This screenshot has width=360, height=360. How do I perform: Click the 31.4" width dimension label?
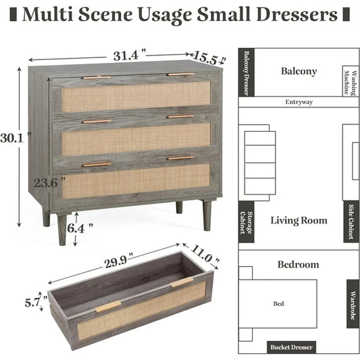pyautogui.click(x=130, y=55)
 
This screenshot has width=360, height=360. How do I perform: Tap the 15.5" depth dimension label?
pyautogui.click(x=209, y=58)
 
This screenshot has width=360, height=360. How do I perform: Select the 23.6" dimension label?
pyautogui.click(x=49, y=183)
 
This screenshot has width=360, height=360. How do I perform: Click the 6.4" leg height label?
pyautogui.click(x=80, y=228)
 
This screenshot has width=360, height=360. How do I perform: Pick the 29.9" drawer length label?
pyautogui.click(x=119, y=261)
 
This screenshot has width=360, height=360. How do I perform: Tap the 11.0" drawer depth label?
pyautogui.click(x=204, y=255)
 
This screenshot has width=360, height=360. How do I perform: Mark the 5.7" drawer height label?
pyautogui.click(x=36, y=303)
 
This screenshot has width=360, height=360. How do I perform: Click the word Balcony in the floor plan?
pyautogui.click(x=299, y=71)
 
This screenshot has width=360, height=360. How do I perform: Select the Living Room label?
pyautogui.click(x=299, y=220)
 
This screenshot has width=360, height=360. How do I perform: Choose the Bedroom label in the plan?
pyautogui.click(x=299, y=265)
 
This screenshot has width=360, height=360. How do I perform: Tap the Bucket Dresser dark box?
pyautogui.click(x=291, y=347)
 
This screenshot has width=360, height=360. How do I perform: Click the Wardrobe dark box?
pyautogui.click(x=353, y=304)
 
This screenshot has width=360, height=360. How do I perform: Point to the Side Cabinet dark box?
pyautogui.click(x=351, y=222)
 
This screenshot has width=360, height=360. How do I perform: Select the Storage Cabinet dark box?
pyautogui.click(x=247, y=222)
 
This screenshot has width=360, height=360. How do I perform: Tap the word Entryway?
pyautogui.click(x=299, y=102)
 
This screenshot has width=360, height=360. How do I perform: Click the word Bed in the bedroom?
pyautogui.click(x=278, y=304)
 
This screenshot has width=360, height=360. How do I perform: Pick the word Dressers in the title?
pyautogui.click(x=297, y=14)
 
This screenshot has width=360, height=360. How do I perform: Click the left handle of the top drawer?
pyautogui.click(x=97, y=78)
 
